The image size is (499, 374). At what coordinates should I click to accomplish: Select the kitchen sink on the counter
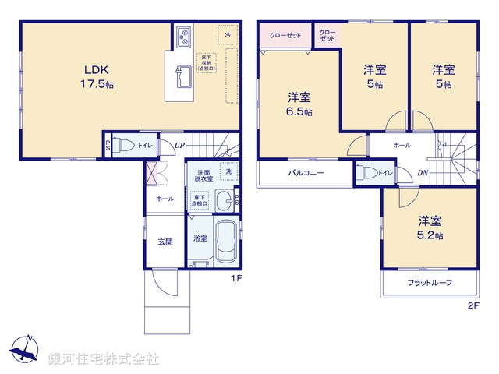183,78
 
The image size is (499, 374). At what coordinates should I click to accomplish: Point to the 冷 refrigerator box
228,36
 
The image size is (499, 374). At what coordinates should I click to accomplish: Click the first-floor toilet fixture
122,145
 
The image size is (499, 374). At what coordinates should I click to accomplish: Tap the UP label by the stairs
179,146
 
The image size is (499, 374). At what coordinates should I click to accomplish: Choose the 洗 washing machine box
228,171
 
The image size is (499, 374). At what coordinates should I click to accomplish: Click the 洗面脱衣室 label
203,175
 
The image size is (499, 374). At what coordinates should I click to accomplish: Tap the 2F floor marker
471,305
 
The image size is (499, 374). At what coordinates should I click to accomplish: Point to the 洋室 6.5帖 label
299,104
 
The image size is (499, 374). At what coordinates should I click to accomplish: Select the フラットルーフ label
430,283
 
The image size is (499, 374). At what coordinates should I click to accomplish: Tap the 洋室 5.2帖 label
430,227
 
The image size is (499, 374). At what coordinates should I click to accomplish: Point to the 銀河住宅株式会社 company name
103,359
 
